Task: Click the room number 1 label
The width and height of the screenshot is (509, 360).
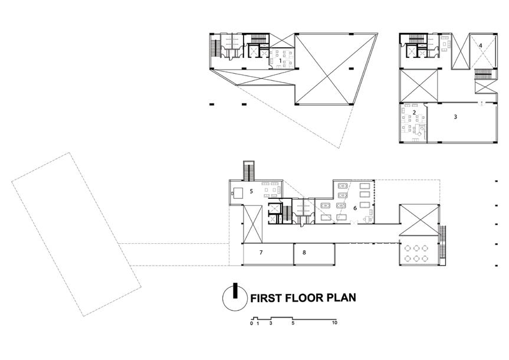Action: (x=280, y=60)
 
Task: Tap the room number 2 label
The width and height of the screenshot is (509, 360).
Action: (x=415, y=112)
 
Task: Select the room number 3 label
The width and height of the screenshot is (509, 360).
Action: (x=455, y=117)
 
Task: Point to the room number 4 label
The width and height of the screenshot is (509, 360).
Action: (x=481, y=45)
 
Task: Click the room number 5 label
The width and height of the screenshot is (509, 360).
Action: (x=251, y=191)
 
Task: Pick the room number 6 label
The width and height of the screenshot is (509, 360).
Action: (x=355, y=208)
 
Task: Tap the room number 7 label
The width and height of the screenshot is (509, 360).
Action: (x=261, y=253)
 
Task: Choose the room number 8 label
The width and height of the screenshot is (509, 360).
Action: (x=304, y=253)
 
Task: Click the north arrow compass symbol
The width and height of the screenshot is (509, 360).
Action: (x=234, y=298)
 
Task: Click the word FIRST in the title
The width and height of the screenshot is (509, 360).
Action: (x=268, y=297)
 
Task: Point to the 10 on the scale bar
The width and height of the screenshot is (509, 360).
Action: (x=334, y=324)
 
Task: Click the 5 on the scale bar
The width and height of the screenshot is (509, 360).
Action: (x=293, y=324)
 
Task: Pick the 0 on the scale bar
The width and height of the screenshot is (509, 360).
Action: (x=251, y=324)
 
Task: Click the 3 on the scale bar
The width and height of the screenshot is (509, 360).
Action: (x=270, y=324)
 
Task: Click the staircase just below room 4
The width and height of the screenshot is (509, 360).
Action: (x=484, y=76)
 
